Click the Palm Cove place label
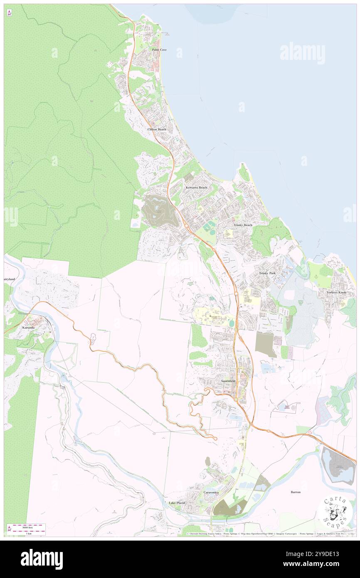[159, 49]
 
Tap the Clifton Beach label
[157, 129]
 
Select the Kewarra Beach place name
[196, 188]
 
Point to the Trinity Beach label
[243, 225]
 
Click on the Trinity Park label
[267, 273]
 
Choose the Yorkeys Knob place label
[336, 292]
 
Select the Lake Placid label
[177, 503]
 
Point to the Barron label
[296, 492]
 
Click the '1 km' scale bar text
[28, 533]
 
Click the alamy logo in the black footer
[42, 559]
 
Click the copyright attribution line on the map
[270, 534]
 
